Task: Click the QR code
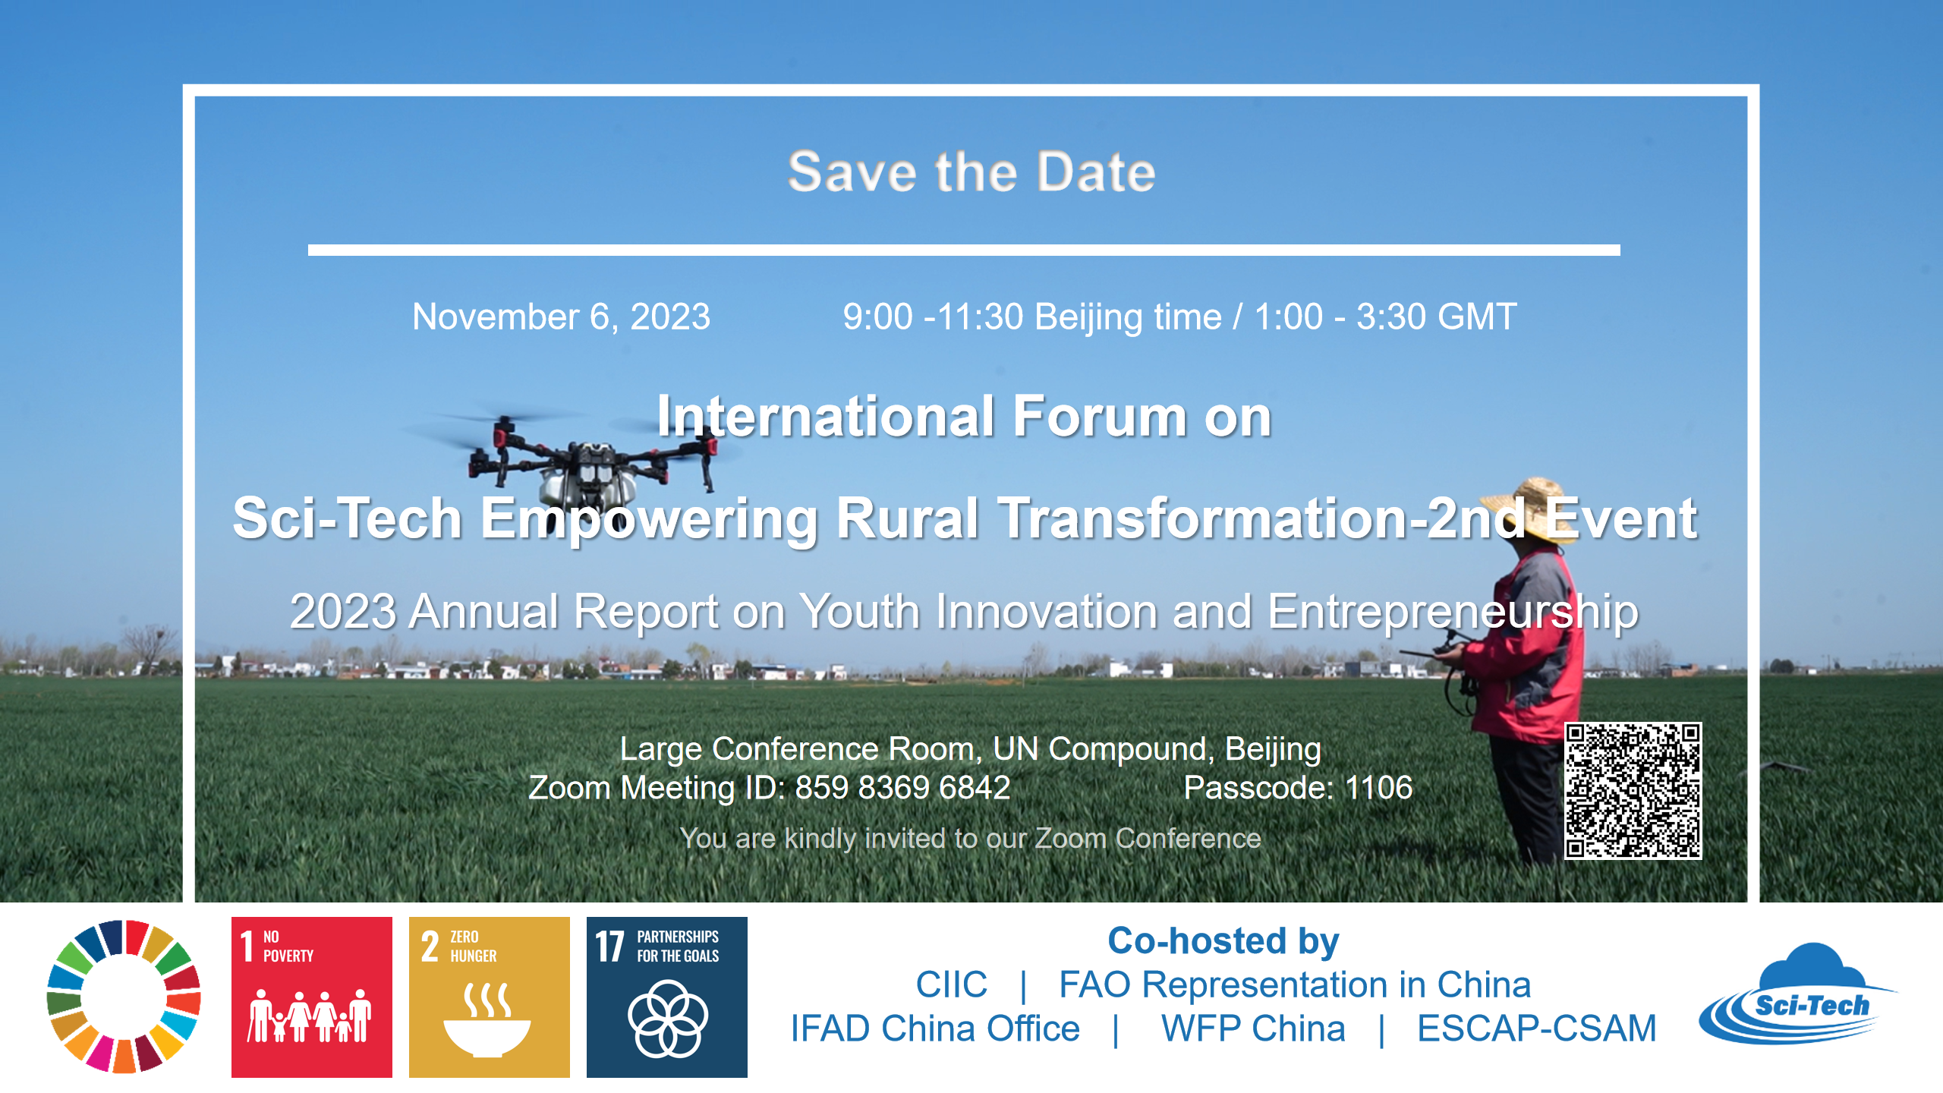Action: (x=1633, y=790)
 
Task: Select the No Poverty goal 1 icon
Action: (x=312, y=997)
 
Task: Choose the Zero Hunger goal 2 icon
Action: (x=490, y=997)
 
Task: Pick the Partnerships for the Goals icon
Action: (x=667, y=997)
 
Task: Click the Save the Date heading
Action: (x=971, y=172)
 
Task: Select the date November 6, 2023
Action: (x=562, y=317)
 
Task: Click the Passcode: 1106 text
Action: (x=1299, y=788)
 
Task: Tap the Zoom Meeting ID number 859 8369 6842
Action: (x=902, y=788)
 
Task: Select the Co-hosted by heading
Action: (x=1223, y=942)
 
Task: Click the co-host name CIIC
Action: (x=952, y=984)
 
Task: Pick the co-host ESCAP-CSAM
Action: (x=1537, y=1028)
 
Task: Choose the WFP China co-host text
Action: (x=1253, y=1028)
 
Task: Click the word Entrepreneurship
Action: (x=1453, y=612)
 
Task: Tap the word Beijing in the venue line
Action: (x=1273, y=750)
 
